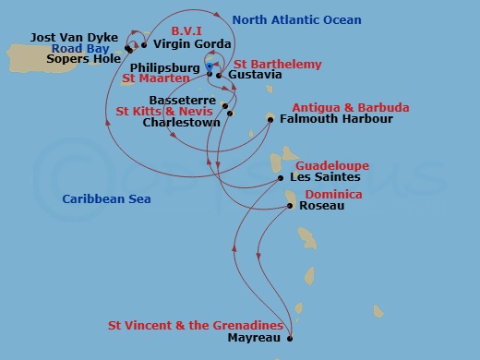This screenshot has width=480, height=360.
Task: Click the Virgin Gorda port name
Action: point(191,43)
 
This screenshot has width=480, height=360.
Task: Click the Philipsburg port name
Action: point(165,67)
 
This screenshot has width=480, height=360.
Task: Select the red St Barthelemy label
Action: point(283,64)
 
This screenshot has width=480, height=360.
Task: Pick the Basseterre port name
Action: point(182,100)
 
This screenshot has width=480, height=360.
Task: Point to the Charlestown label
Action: point(180,121)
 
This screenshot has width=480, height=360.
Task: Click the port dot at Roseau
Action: point(291,206)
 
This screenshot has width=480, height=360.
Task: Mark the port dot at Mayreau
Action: point(290,338)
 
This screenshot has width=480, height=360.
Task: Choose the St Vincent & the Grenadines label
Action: point(195,325)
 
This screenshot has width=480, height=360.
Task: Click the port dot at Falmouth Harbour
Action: point(270,118)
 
